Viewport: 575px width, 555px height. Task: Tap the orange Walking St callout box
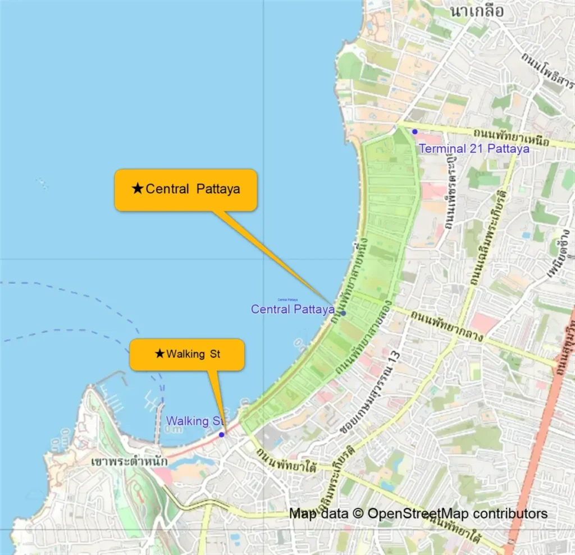(x=187, y=354)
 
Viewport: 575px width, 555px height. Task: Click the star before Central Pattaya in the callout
(x=138, y=189)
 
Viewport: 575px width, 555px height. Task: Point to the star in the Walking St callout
(x=159, y=354)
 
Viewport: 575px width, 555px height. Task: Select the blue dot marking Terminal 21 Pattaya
(x=414, y=131)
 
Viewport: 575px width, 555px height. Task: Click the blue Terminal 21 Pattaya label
(x=474, y=149)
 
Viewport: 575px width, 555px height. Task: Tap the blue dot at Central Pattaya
(x=343, y=313)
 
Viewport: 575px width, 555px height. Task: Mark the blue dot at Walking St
(x=222, y=434)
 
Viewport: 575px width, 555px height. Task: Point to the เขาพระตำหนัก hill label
(x=129, y=461)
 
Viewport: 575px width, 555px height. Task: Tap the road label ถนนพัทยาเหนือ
(x=510, y=135)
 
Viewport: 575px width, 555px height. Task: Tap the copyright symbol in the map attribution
(x=357, y=513)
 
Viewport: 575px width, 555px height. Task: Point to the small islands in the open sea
(x=42, y=184)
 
